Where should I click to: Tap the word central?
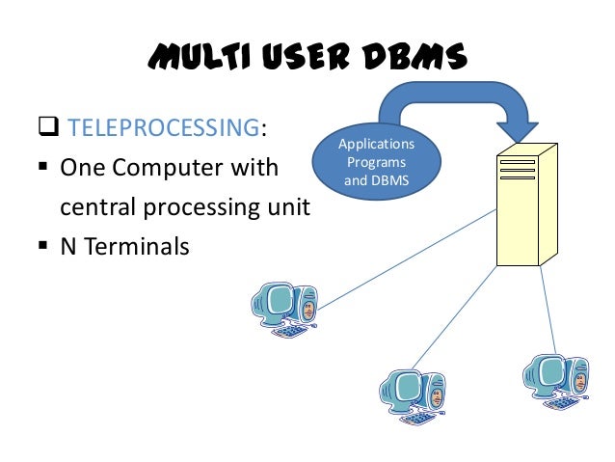91,207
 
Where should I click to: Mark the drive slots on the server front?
518,170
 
